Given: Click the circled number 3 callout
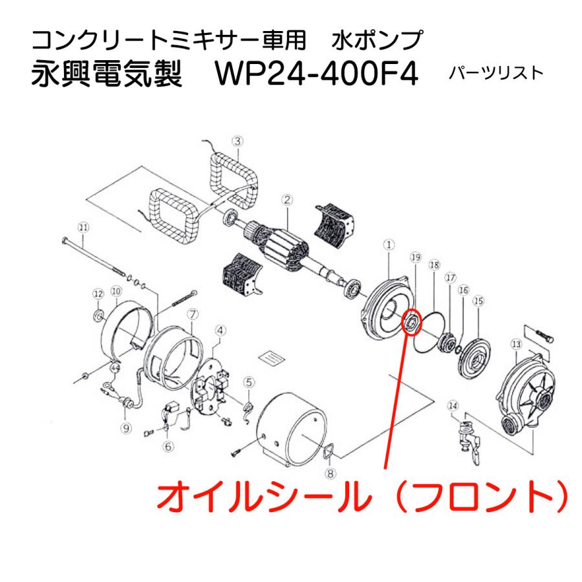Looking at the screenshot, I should click(x=237, y=140).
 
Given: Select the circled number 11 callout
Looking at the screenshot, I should click(x=82, y=227).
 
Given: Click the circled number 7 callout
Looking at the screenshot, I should click(x=191, y=314).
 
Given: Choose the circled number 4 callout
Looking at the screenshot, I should click(x=220, y=330).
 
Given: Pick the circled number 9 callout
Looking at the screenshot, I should click(x=125, y=427).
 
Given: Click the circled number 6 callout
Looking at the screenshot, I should click(x=169, y=446).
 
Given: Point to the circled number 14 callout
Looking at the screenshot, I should click(x=453, y=406).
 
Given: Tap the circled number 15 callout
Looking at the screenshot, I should click(x=479, y=301).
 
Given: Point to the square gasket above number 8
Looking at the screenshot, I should click(x=329, y=451).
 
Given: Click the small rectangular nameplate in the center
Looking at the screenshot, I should click(x=272, y=356).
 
